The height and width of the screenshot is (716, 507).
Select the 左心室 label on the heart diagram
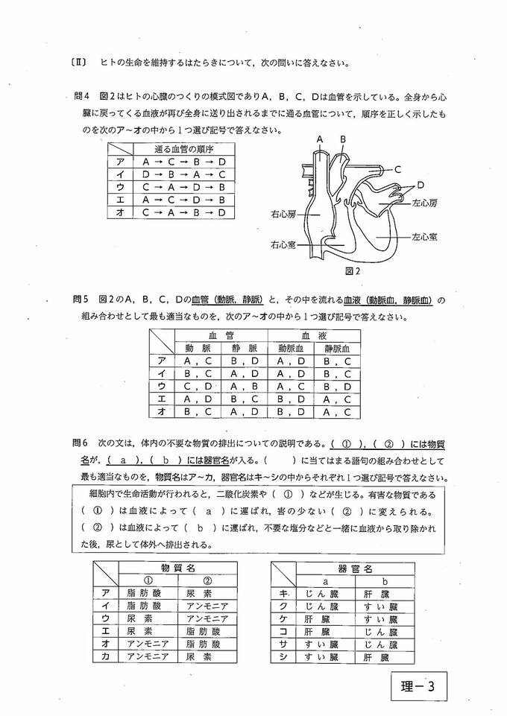tap(426, 236)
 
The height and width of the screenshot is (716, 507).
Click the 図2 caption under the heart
tap(353, 271)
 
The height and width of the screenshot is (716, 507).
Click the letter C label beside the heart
tap(397, 169)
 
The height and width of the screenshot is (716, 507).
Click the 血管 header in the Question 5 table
tap(221, 335)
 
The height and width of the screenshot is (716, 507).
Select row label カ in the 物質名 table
tap(105, 656)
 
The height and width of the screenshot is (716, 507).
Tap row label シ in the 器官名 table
tap(283, 656)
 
